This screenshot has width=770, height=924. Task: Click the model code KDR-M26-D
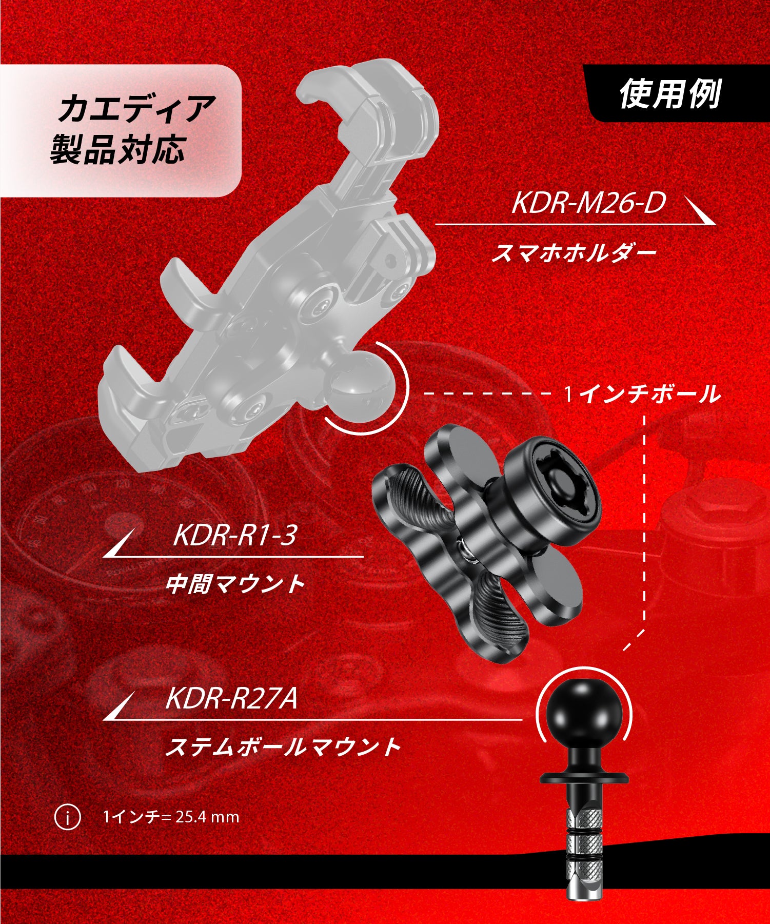tap(588, 203)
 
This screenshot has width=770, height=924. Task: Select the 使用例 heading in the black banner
tap(670, 94)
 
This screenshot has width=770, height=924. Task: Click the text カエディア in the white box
tap(135, 109)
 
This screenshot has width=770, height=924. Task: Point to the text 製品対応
tap(117, 150)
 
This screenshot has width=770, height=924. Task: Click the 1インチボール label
tap(642, 395)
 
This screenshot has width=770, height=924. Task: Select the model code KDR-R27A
tap(231, 699)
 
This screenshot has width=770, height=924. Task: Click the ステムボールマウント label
tap(282, 746)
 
